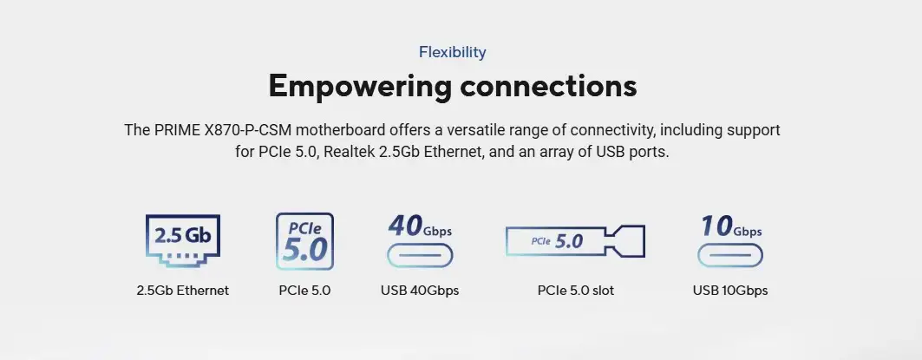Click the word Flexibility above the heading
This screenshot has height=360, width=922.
point(452,52)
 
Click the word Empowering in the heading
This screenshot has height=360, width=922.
point(360,86)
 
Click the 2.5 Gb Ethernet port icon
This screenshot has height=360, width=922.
point(182,241)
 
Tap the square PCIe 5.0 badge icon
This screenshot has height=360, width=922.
point(304,241)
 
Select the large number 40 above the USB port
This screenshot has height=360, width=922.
point(405,226)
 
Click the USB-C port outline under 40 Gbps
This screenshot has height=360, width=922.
point(420,256)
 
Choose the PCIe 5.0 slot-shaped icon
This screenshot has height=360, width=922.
point(576,240)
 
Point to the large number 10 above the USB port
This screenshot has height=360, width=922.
point(716,226)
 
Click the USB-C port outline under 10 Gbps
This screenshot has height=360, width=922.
point(729,256)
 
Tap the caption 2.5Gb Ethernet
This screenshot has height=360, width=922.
point(183,291)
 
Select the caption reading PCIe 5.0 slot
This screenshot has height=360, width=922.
point(576,291)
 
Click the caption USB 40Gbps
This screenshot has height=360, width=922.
point(420,291)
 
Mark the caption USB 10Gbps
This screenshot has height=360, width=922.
point(730,291)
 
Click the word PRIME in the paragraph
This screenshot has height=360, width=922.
point(177,130)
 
